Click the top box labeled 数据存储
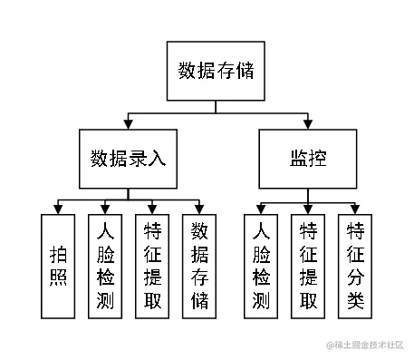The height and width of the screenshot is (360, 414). pyautogui.click(x=216, y=70)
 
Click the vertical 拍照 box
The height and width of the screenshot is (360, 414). pyautogui.click(x=58, y=266)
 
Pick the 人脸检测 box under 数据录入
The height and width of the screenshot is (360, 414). pyautogui.click(x=105, y=266)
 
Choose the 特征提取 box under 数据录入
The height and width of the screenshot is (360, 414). pyautogui.click(x=152, y=266)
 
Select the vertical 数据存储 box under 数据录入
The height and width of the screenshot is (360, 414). pyautogui.click(x=199, y=266)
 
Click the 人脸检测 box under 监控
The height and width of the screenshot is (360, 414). pyautogui.click(x=261, y=266)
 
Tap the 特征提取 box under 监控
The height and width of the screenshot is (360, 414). pyautogui.click(x=308, y=266)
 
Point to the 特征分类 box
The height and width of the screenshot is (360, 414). pyautogui.click(x=355, y=266)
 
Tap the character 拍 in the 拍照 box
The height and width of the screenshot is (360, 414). pyautogui.click(x=58, y=253)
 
